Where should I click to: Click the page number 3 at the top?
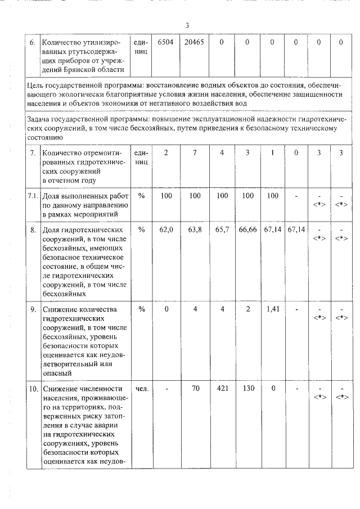click(x=187, y=25)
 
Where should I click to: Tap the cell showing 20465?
click(x=194, y=42)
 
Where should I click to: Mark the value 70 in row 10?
click(x=194, y=389)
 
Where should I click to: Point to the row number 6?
click(x=33, y=42)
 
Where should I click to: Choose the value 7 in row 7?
click(x=194, y=153)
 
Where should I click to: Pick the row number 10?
click(x=33, y=389)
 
